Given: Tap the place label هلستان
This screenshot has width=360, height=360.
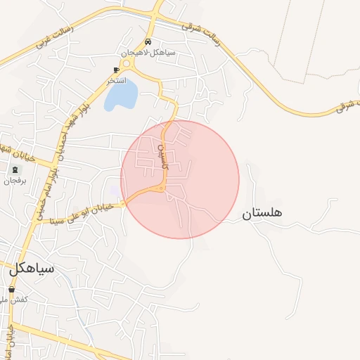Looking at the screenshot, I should [x=262, y=213].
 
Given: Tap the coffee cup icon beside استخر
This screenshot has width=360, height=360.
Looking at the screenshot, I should [x=117, y=70].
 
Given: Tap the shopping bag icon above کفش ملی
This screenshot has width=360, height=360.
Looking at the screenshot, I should [x=12, y=289].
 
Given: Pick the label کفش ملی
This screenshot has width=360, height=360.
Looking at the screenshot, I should [x=14, y=300].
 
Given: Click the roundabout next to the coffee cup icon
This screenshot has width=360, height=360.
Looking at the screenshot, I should [x=127, y=64].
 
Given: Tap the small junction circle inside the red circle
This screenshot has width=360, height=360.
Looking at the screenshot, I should [x=162, y=188].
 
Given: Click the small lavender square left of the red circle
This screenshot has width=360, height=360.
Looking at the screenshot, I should [x=115, y=190].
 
